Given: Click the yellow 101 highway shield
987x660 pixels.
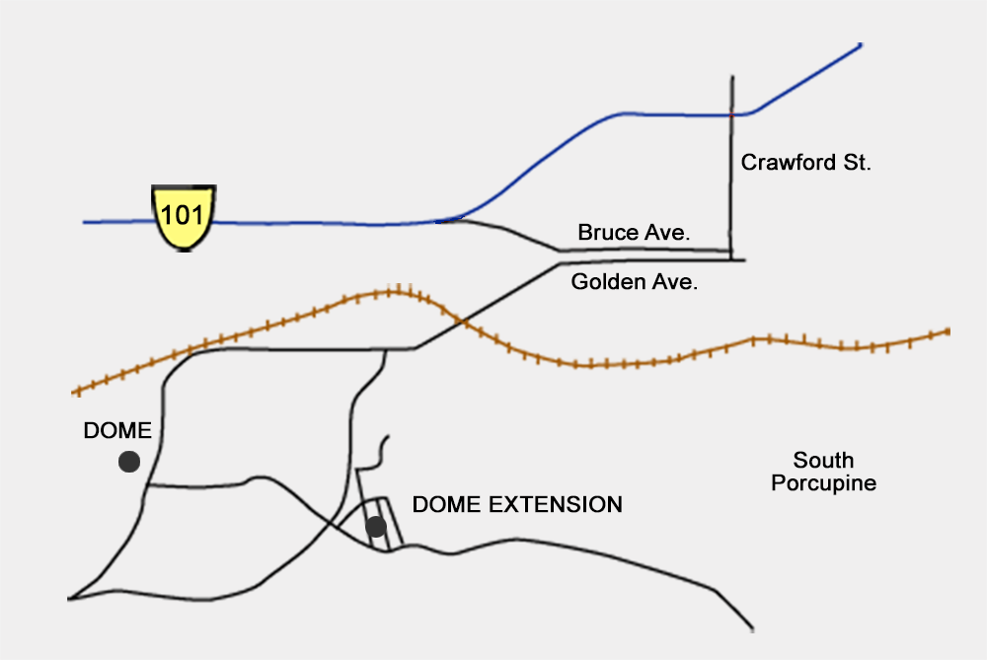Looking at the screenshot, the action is (184, 218).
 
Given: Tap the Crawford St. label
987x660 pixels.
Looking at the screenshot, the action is (805, 163).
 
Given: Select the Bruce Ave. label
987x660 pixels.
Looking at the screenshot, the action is (634, 232).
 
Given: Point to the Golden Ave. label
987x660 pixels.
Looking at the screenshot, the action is (634, 281).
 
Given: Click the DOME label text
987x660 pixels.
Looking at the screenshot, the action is (117, 430).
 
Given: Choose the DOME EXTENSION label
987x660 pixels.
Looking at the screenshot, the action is (517, 504).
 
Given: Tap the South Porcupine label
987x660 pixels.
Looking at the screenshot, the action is (824, 472).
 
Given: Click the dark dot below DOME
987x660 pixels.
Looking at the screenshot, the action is (129, 462).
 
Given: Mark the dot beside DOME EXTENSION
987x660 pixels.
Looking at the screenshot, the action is (376, 527).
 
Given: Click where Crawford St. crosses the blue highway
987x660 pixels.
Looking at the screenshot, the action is (732, 115).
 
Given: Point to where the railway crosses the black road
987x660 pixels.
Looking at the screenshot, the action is (464, 323).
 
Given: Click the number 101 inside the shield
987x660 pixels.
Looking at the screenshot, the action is (183, 215).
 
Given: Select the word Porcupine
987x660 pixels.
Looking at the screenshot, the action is (824, 483).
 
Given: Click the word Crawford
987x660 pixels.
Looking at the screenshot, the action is (788, 163).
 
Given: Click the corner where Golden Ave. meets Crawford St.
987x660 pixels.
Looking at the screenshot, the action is (731, 259).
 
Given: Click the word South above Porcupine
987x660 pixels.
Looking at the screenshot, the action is (823, 460).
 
